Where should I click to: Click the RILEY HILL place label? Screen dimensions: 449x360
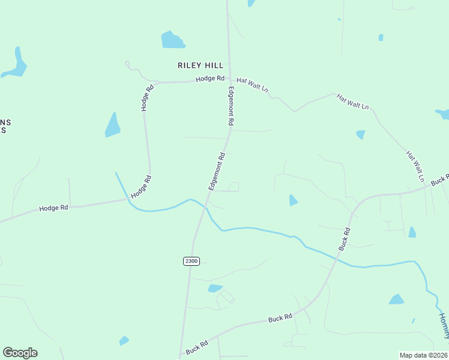[200, 65]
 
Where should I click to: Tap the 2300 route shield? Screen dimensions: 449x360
[191, 260]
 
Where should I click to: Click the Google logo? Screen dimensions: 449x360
[20, 353]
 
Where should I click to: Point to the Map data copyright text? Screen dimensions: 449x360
[424, 355]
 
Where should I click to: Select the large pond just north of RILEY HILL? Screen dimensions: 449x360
[173, 40]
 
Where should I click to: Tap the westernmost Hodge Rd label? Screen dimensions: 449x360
[53, 208]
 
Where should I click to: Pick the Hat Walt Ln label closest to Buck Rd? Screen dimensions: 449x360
[415, 166]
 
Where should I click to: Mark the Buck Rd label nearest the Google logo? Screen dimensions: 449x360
[196, 347]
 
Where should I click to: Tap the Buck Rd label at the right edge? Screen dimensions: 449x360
[439, 179]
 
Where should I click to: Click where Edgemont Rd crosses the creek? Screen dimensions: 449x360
[205, 206]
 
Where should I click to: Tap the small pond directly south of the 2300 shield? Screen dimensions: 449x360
[215, 289]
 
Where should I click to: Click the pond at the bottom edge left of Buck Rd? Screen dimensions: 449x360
[124, 341]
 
